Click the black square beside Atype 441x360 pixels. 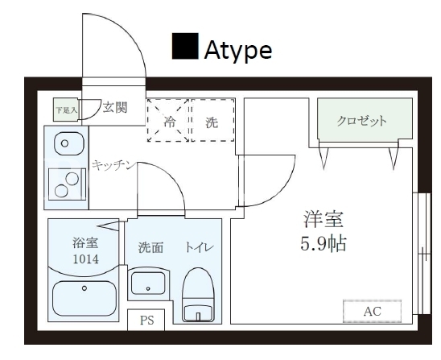tap(185, 46)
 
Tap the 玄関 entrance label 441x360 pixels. tap(115, 108)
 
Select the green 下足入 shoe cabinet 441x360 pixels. tap(65, 110)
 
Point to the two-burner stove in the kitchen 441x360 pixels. tap(67, 184)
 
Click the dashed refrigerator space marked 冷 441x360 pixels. tap(168, 120)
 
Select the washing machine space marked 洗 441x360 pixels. tap(212, 120)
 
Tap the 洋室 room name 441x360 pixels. tap(324, 220)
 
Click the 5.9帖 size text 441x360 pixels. tap(324, 243)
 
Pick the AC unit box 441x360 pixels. tap(372, 312)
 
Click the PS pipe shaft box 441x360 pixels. tap(146, 320)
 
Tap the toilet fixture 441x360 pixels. tap(198, 295)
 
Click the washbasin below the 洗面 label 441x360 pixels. tap(148, 283)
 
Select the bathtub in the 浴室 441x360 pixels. tap(84, 299)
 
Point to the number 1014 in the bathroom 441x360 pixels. tap(86, 259)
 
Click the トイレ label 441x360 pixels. tap(199, 247)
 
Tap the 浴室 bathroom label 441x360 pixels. tap(85, 242)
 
